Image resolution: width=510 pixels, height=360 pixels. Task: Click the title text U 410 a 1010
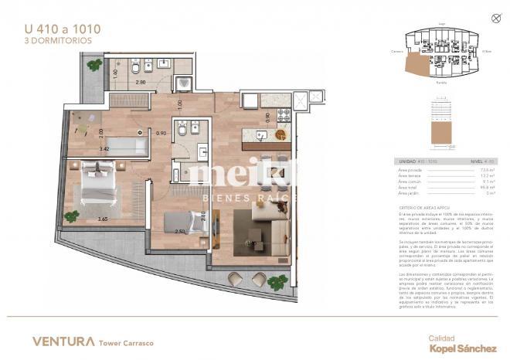coord(62,30)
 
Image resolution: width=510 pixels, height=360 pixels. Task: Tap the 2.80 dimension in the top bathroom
coord(141,81)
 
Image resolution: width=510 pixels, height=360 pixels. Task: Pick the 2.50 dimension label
coord(180,231)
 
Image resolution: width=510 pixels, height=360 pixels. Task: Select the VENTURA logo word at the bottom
coord(64,341)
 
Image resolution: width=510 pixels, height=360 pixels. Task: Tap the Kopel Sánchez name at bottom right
coord(462,349)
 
